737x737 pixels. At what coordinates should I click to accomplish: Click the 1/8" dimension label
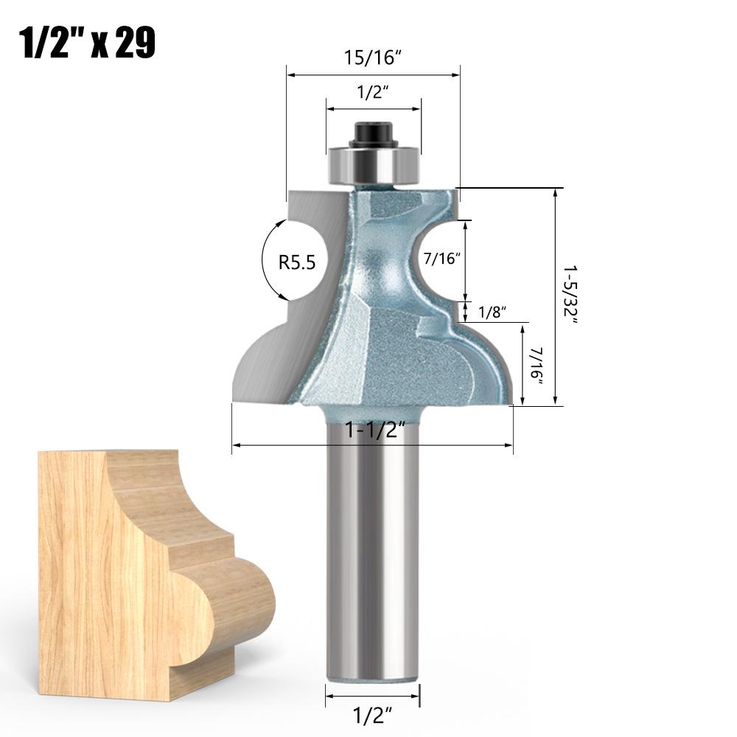(489, 312)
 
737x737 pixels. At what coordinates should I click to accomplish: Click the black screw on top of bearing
(373, 134)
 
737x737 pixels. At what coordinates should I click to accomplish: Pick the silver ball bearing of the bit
(374, 161)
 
